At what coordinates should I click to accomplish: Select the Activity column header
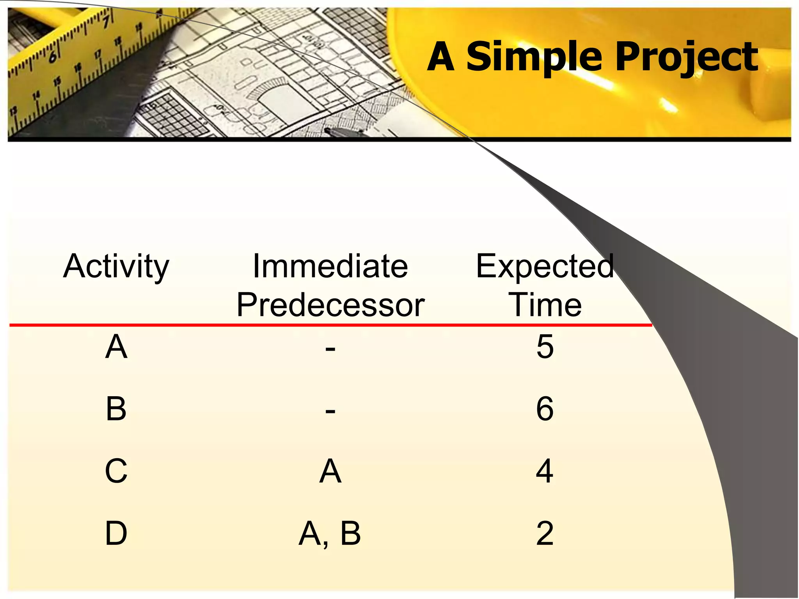point(116,267)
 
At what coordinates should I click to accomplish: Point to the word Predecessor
point(330,305)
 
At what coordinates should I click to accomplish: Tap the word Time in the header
point(545,305)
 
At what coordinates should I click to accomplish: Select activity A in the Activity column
point(116,347)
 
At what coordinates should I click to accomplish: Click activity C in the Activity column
point(116,471)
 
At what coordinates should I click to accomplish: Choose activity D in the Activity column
point(116,533)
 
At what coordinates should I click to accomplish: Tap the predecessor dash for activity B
point(330,411)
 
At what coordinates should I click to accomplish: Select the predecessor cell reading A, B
point(330,533)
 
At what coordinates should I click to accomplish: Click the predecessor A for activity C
point(330,471)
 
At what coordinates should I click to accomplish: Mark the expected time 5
point(545,347)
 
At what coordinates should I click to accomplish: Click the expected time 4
point(545,471)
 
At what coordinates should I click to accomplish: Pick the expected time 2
point(545,533)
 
